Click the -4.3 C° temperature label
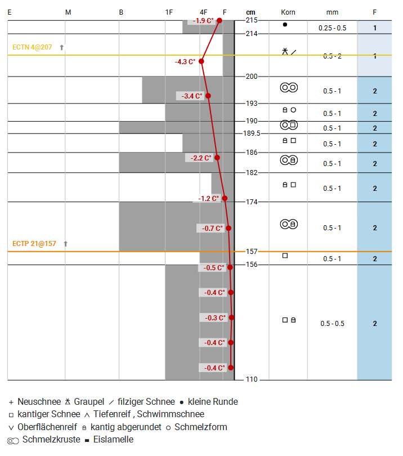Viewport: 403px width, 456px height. [186, 61]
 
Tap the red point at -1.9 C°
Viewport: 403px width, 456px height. [219, 20]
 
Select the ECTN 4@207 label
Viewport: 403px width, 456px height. [32, 47]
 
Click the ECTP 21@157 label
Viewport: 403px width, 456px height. [34, 244]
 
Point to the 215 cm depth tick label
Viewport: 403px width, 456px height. [251, 20]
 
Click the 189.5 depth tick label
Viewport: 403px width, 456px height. [251, 133]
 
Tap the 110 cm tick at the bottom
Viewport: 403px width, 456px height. [251, 379]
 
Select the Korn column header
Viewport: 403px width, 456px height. [288, 12]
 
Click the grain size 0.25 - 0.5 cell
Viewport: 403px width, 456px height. [332, 28]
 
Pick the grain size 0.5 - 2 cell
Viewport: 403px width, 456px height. [332, 56]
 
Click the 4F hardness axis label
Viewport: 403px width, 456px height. [204, 12]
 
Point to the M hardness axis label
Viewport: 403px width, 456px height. [68, 12]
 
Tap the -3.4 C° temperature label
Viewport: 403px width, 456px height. [192, 96]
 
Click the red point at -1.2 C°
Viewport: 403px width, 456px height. [225, 198]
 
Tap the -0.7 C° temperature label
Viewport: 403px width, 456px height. [212, 228]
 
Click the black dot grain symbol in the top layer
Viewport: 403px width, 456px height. [285, 25]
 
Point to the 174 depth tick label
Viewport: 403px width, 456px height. [251, 202]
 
